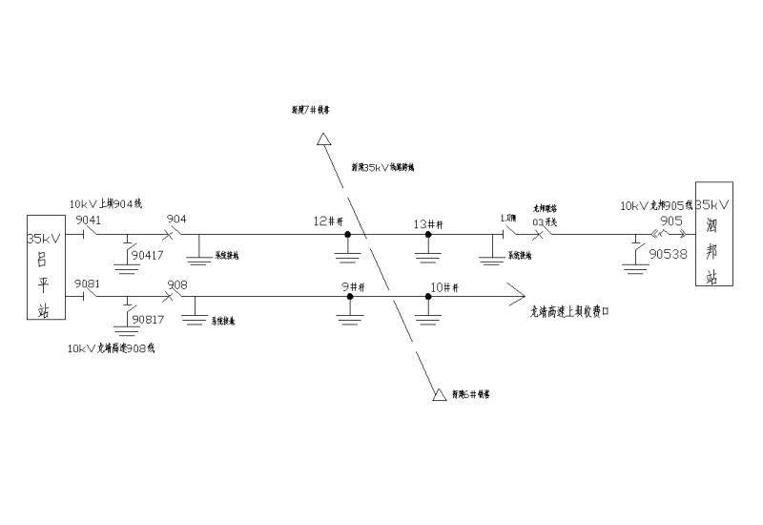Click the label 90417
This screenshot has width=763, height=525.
click(x=147, y=255)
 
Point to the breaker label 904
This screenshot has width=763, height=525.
click(x=176, y=220)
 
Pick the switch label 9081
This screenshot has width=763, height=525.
click(x=88, y=284)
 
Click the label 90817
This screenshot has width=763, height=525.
click(x=147, y=319)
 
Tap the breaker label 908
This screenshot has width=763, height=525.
click(x=176, y=284)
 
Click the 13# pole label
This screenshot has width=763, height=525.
click(x=427, y=223)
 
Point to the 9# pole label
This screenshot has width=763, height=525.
click(x=352, y=286)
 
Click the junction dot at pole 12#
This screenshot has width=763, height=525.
click(x=348, y=234)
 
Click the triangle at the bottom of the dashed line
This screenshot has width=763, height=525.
click(x=440, y=394)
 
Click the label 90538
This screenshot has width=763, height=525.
click(x=668, y=255)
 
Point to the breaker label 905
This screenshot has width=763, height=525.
click(x=671, y=220)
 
